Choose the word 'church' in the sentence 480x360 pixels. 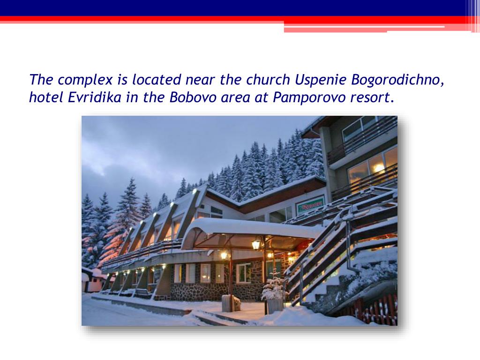(268, 80)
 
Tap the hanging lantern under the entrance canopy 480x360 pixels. (256, 244)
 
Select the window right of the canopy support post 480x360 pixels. (243, 272)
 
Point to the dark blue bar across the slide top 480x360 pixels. (234, 7)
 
